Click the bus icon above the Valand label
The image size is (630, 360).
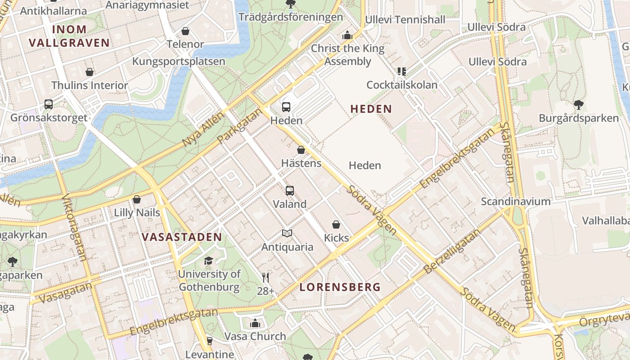coord(290,190)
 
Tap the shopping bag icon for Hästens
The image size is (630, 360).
coord(301,150)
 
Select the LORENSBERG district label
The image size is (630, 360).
coord(340,287)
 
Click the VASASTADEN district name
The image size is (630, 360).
coord(182,237)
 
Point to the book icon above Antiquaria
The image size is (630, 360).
coord(287,233)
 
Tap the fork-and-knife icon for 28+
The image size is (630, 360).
coord(265,278)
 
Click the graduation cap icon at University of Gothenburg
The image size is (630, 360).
coord(208,261)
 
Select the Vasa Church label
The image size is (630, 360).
coord(255,336)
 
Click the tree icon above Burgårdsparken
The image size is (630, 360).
coord(579,105)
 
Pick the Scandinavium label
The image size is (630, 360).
coord(516,201)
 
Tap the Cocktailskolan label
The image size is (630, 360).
coord(402,85)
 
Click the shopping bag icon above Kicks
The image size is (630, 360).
coord(336,224)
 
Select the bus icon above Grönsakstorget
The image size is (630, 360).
coord(49,104)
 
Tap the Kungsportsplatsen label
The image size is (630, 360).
coord(179,61)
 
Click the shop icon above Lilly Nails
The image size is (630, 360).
coord(137,199)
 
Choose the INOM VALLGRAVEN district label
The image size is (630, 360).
coord(69,36)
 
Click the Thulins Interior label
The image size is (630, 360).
coord(90,85)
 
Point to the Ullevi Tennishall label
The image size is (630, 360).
coord(405,19)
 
